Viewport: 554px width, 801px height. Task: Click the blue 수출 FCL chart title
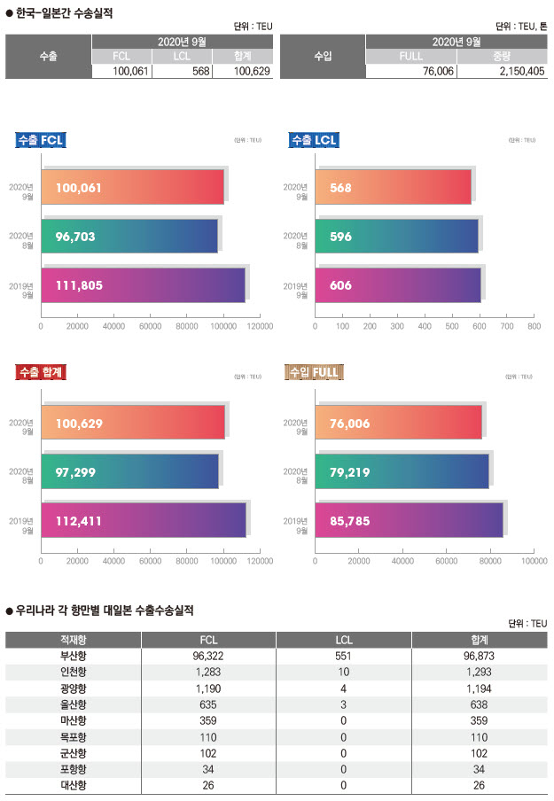41,140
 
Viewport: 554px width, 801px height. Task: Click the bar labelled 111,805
143,285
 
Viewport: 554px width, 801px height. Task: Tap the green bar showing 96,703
129,237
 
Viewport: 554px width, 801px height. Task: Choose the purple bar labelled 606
397,285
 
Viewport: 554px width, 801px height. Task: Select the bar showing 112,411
144,520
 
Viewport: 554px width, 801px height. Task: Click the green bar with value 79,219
402,470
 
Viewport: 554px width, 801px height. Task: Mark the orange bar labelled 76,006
398,423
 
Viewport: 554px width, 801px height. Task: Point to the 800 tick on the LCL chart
534,327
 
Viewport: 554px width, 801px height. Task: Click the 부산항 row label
74,657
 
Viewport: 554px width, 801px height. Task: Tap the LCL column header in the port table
344,640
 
